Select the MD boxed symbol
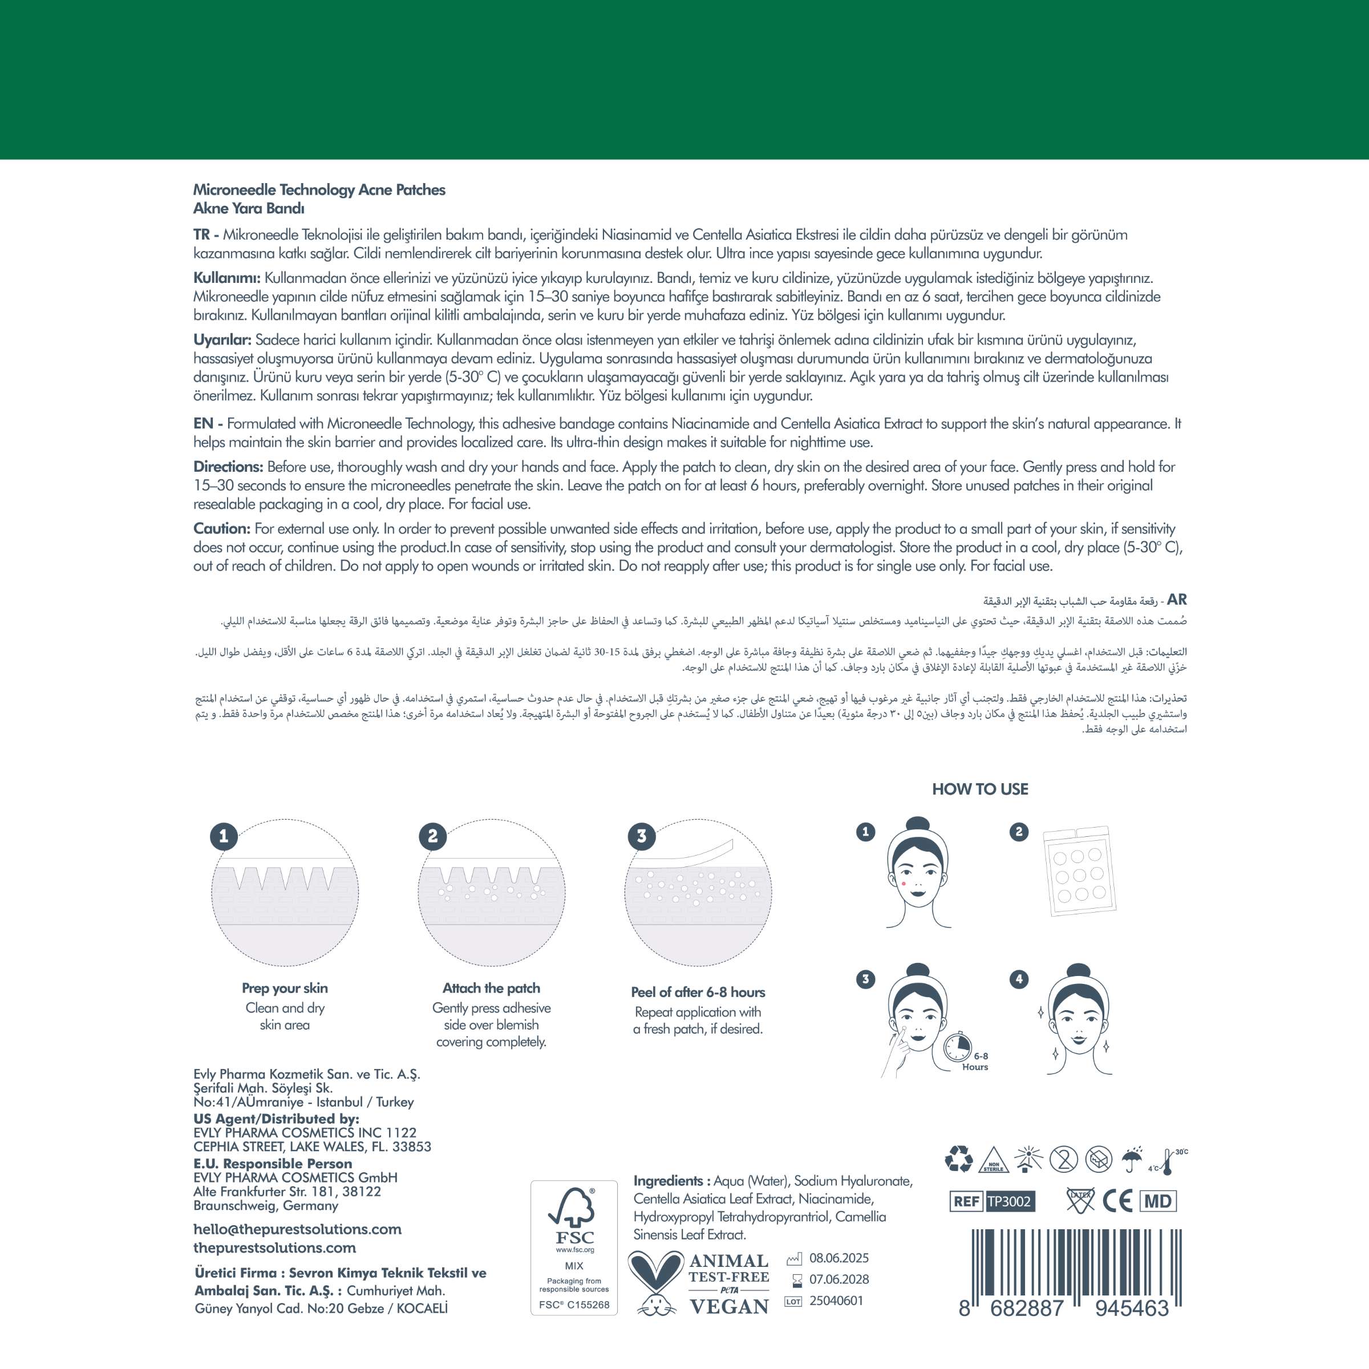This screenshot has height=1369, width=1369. coord(1158,1201)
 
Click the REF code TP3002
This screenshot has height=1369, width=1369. coord(1010,1201)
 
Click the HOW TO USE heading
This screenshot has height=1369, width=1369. coord(980,789)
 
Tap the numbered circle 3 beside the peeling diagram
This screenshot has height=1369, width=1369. coord(641,836)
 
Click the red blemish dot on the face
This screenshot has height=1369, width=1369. coord(906,884)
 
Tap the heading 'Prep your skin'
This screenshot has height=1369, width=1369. coord(285,989)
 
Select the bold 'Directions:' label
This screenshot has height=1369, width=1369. coord(228,467)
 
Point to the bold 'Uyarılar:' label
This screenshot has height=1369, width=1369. coord(222,340)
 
